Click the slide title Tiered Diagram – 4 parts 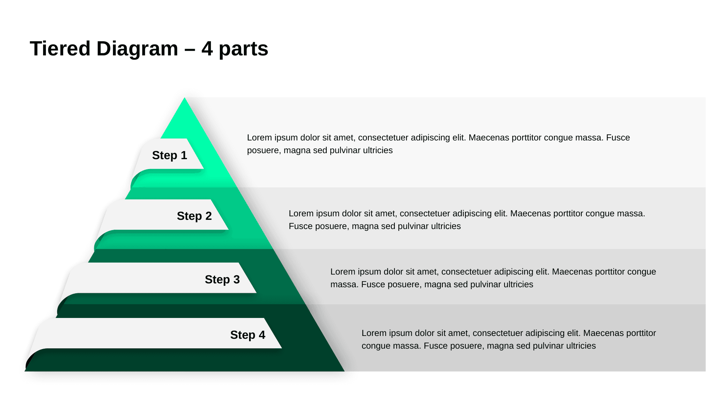pyautogui.click(x=149, y=49)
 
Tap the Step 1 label pyautogui.click(x=169, y=155)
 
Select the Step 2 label pyautogui.click(x=194, y=216)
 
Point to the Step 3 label pyautogui.click(x=222, y=279)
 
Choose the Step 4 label pyautogui.click(x=248, y=335)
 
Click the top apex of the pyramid pyautogui.click(x=184, y=98)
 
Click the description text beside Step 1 pyautogui.click(x=438, y=144)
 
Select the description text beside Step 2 pyautogui.click(x=467, y=220)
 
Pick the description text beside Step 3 pyautogui.click(x=493, y=278)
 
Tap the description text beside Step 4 pyautogui.click(x=508, y=339)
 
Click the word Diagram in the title pyautogui.click(x=137, y=49)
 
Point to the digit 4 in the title pyautogui.click(x=207, y=49)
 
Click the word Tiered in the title pyautogui.click(x=60, y=49)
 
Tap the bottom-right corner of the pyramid pyautogui.click(x=344, y=371)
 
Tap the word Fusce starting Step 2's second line pyautogui.click(x=300, y=226)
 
